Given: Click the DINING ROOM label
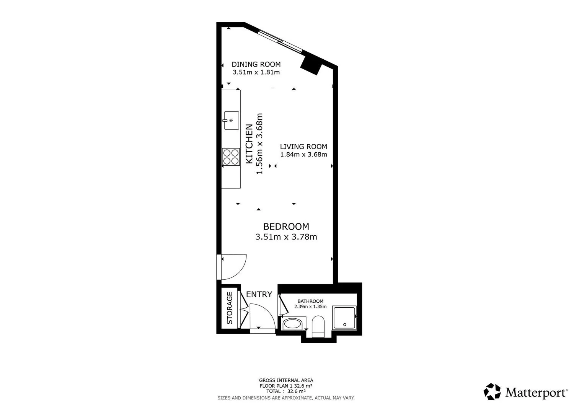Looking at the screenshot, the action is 256,64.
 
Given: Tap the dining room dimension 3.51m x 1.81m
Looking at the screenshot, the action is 256,72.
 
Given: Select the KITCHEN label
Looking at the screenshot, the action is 249,144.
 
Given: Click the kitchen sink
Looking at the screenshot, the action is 232,120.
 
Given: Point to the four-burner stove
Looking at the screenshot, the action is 231,157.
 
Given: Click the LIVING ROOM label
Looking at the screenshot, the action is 303,147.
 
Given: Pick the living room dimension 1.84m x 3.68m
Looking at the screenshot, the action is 303,155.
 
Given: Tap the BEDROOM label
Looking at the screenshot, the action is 286,227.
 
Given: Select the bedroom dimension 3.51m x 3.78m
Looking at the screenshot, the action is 286,237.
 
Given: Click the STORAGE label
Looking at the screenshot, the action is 230,308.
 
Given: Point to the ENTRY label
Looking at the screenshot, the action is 259,295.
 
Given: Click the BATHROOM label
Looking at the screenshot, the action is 310,301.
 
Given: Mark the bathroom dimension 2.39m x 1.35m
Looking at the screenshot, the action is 310,307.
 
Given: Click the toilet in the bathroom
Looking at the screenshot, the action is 318,326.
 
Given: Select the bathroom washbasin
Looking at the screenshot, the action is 292,324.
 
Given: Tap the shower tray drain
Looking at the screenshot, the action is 345,324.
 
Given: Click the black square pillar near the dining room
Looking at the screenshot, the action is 311,65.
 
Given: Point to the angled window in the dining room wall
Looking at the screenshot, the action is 280,41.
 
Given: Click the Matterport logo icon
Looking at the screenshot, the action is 492,391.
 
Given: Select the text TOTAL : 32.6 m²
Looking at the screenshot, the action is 286,391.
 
